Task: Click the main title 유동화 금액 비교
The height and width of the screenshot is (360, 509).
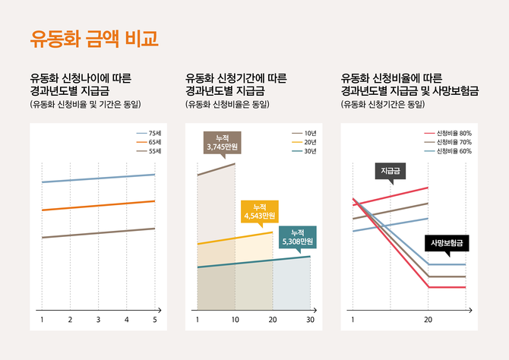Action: point(94,39)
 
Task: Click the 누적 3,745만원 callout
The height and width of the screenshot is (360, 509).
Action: point(222,141)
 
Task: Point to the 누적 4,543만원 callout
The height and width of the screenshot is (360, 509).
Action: point(260,211)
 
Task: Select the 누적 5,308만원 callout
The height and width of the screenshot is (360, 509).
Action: point(297,237)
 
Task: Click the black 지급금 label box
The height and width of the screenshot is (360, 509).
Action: point(390,171)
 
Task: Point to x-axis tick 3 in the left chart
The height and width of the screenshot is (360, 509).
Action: point(98,321)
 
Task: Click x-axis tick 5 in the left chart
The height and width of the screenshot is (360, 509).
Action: point(154,321)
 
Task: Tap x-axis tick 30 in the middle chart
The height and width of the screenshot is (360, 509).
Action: point(310,321)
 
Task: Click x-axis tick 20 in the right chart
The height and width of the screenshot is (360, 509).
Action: point(428,321)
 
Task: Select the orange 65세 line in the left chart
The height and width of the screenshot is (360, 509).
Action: point(99,205)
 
